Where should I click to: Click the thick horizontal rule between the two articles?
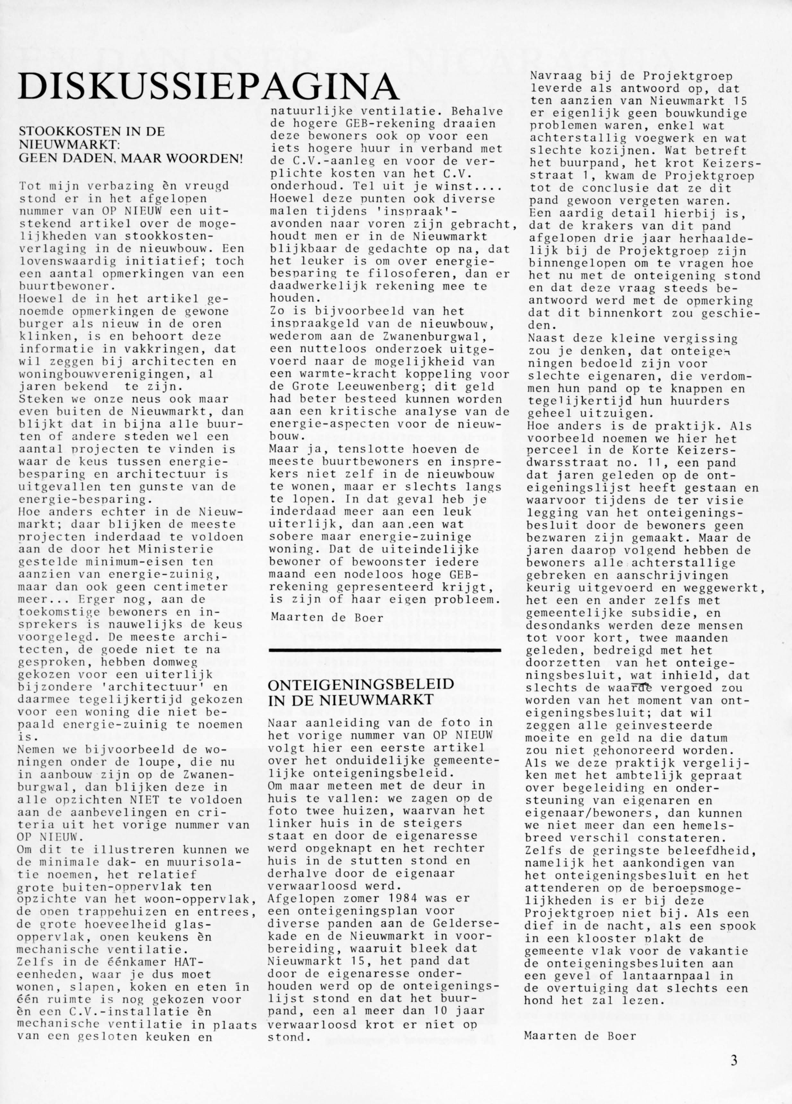tap(384, 649)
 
